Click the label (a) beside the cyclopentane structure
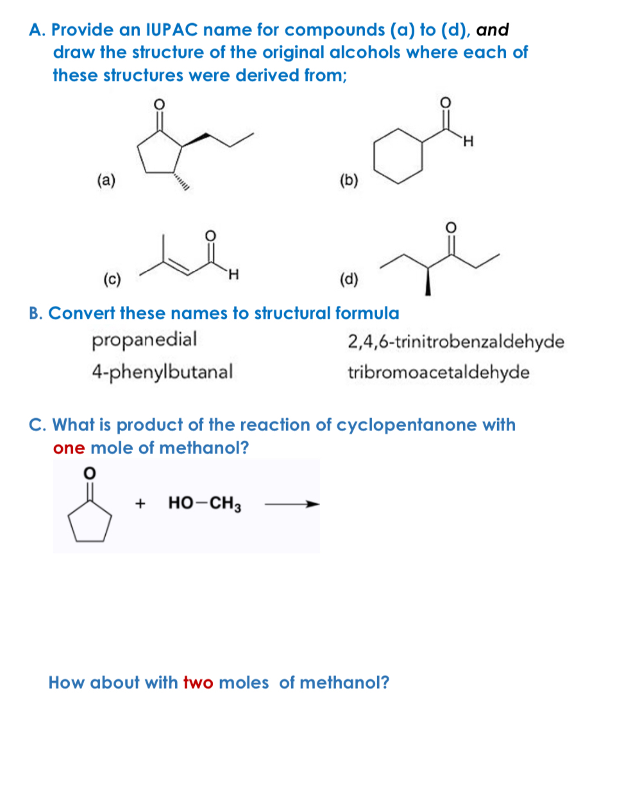(x=106, y=180)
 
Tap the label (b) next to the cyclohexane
(x=348, y=180)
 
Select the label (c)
(x=112, y=279)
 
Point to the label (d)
(x=349, y=279)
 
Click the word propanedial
(x=144, y=339)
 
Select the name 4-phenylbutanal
(x=162, y=371)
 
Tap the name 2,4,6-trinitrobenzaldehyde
(x=456, y=341)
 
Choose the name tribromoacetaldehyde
(x=439, y=373)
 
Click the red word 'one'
(x=69, y=448)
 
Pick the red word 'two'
(x=198, y=682)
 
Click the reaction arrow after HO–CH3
(x=292, y=504)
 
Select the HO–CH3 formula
(x=205, y=503)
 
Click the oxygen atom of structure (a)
(x=160, y=103)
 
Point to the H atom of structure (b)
(x=468, y=141)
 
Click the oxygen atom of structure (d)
(x=450, y=226)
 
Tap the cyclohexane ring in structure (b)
(x=398, y=156)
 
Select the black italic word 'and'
(x=493, y=30)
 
